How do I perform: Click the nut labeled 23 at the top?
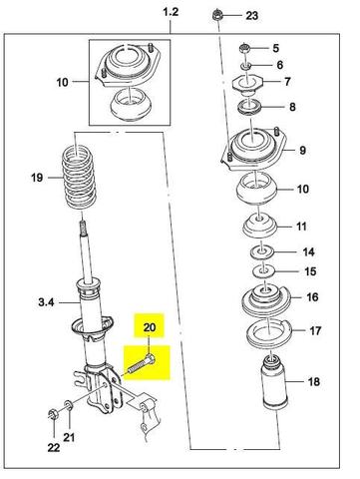click(217, 16)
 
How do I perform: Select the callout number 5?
click(275, 48)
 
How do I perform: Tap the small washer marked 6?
click(246, 66)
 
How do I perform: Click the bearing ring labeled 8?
click(249, 108)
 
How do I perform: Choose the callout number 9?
click(302, 151)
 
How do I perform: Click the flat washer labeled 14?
click(262, 251)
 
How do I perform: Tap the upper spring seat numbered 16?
click(266, 300)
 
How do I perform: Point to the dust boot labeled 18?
click(274, 383)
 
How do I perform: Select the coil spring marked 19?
click(79, 179)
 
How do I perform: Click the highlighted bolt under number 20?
click(142, 364)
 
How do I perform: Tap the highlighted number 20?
click(150, 327)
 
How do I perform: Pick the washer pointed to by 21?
click(69, 405)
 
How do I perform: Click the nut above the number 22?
click(53, 414)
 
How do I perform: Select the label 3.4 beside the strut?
click(46, 302)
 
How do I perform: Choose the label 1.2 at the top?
click(171, 12)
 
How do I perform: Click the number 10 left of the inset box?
click(62, 82)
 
